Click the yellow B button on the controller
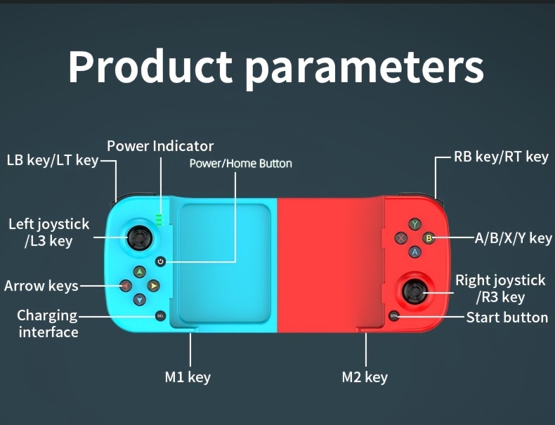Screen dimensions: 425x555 [x=428, y=238]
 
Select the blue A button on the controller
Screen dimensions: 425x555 [x=415, y=251]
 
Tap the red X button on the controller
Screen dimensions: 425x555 [x=402, y=238]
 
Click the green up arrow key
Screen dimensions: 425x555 [x=140, y=273]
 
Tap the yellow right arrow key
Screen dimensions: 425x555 [x=153, y=286]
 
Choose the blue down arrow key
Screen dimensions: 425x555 [x=140, y=299]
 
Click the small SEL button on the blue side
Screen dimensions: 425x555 [x=160, y=315]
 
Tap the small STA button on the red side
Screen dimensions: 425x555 [x=393, y=316]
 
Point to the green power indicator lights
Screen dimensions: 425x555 [x=159, y=220]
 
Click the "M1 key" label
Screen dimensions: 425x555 [x=188, y=377]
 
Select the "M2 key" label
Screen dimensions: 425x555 [x=365, y=377]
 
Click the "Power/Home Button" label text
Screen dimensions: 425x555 [x=240, y=164]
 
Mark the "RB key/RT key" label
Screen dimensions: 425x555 [x=501, y=157]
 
